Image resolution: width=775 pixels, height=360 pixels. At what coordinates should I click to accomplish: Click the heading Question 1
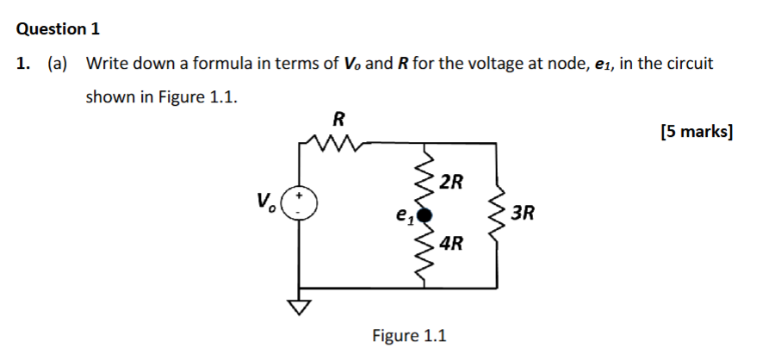pos(59,28)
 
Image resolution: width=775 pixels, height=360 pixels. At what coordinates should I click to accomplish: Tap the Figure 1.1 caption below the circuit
pos(409,335)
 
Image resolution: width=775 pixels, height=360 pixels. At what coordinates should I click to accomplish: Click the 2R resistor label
pos(450,182)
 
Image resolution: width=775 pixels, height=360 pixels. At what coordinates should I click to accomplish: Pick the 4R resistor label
pos(450,244)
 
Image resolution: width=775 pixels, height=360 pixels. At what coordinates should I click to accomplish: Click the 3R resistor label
pos(523,213)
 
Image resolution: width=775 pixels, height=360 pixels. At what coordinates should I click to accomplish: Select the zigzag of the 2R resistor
pos(424,178)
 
